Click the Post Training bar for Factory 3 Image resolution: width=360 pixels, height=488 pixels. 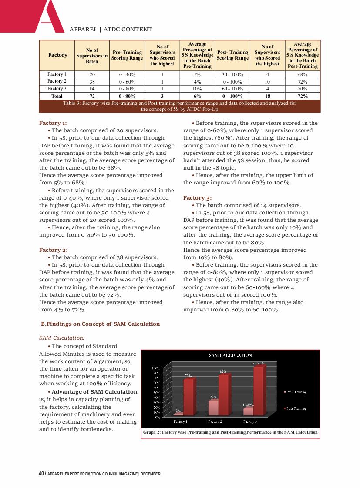258,390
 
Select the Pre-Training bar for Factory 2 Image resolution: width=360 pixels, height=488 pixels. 213,408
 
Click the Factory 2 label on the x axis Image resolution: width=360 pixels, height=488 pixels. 215,421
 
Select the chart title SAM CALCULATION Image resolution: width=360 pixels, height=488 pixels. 230,356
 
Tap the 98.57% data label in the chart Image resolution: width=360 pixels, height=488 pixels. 259,363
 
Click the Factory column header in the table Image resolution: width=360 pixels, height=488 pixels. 57,55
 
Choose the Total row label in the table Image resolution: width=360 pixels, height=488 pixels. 57,96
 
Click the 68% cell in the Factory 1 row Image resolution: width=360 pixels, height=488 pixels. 303,74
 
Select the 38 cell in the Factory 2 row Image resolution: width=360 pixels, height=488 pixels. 92,81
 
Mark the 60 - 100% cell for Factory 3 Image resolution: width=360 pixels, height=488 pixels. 232,89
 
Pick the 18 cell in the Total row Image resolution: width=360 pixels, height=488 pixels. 267,96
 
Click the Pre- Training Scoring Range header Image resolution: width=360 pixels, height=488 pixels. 127,55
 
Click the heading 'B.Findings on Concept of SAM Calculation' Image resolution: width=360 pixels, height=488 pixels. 100,324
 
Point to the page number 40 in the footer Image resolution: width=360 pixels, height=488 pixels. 41,474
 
